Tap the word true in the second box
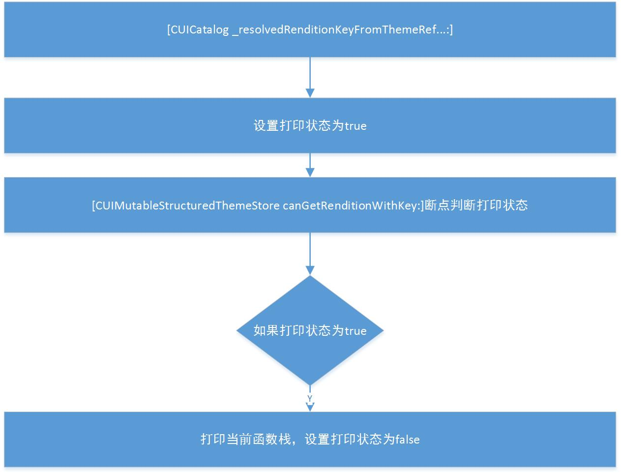pos(355,126)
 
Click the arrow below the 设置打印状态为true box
pos(310,165)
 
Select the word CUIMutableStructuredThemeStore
pos(187,205)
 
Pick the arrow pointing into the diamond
pos(310,253)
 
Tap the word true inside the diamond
pos(355,331)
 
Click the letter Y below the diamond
pos(310,398)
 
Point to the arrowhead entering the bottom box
pos(310,407)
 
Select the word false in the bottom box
pos(408,439)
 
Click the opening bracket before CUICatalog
pos(169,30)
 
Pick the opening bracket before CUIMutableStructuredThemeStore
pos(93,205)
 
